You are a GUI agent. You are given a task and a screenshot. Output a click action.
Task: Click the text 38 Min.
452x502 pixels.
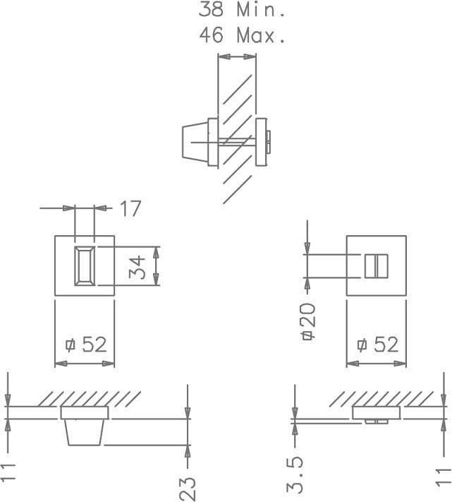pos(242,10)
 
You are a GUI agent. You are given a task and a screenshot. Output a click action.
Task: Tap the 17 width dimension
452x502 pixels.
pos(130,209)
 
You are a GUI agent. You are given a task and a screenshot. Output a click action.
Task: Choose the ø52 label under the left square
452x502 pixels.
pos(85,345)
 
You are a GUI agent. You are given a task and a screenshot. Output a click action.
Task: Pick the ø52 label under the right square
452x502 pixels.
pos(377,345)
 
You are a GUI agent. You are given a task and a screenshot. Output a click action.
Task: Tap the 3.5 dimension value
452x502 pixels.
pos(296,474)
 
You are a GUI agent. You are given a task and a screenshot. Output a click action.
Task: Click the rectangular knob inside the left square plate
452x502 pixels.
pos(84,265)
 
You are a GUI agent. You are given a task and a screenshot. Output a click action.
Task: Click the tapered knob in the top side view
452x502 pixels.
pos(192,141)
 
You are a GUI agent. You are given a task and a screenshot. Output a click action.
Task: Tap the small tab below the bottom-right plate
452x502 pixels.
pos(375,421)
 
